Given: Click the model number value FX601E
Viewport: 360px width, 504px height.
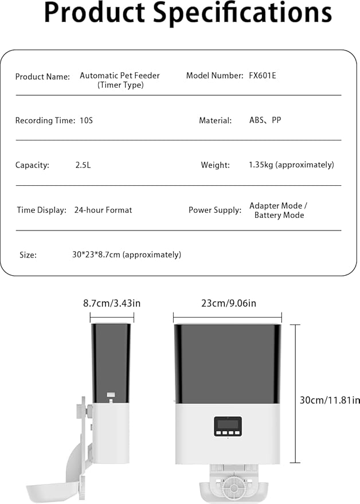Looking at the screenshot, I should tap(263, 76).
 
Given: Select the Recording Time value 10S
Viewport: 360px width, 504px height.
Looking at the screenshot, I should tap(85, 120).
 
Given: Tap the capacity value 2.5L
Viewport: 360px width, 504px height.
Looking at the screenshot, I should tap(83, 165).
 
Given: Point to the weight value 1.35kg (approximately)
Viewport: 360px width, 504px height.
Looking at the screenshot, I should tap(291, 165).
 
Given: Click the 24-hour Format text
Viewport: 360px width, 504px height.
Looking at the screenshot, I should tap(103, 210).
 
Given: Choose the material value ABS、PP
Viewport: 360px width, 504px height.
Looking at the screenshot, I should tap(265, 120).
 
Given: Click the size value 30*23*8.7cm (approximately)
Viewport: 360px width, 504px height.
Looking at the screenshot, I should tap(127, 255).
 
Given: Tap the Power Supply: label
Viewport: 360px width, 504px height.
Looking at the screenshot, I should tap(215, 210).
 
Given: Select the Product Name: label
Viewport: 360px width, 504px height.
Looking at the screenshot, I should tap(42, 77).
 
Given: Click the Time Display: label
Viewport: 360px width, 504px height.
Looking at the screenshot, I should tap(41, 210).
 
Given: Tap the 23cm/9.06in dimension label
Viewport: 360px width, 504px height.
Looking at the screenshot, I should tap(228, 304).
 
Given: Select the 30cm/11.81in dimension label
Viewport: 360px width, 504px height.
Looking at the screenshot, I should tap(330, 400).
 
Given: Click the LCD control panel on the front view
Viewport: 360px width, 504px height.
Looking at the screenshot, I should tap(228, 426).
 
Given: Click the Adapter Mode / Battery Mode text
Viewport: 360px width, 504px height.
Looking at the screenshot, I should tap(279, 210).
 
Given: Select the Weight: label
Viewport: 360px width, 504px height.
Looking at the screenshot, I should tap(215, 165).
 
